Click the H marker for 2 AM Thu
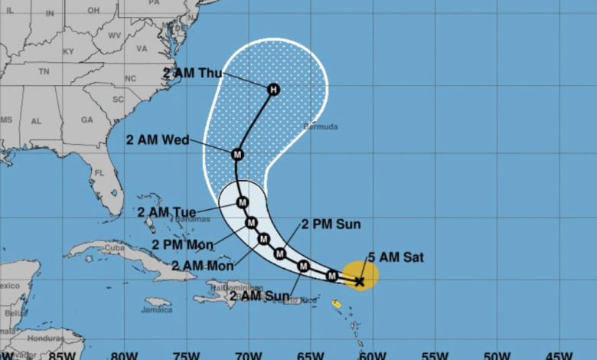pos(273,90)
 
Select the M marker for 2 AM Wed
pos(237,153)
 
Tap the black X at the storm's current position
pos(360,282)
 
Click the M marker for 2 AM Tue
pos(242,202)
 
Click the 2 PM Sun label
pos(331,224)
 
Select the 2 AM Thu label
pos(191,74)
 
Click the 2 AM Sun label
pos(260,296)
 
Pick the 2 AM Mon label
pos(202,265)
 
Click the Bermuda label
pos(321,126)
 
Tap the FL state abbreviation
pos(97,173)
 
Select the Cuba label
pos(116,248)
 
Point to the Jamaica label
pos(157,310)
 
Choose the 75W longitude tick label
pos(184,355)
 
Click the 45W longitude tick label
pos(559,355)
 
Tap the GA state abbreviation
pos(86,119)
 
